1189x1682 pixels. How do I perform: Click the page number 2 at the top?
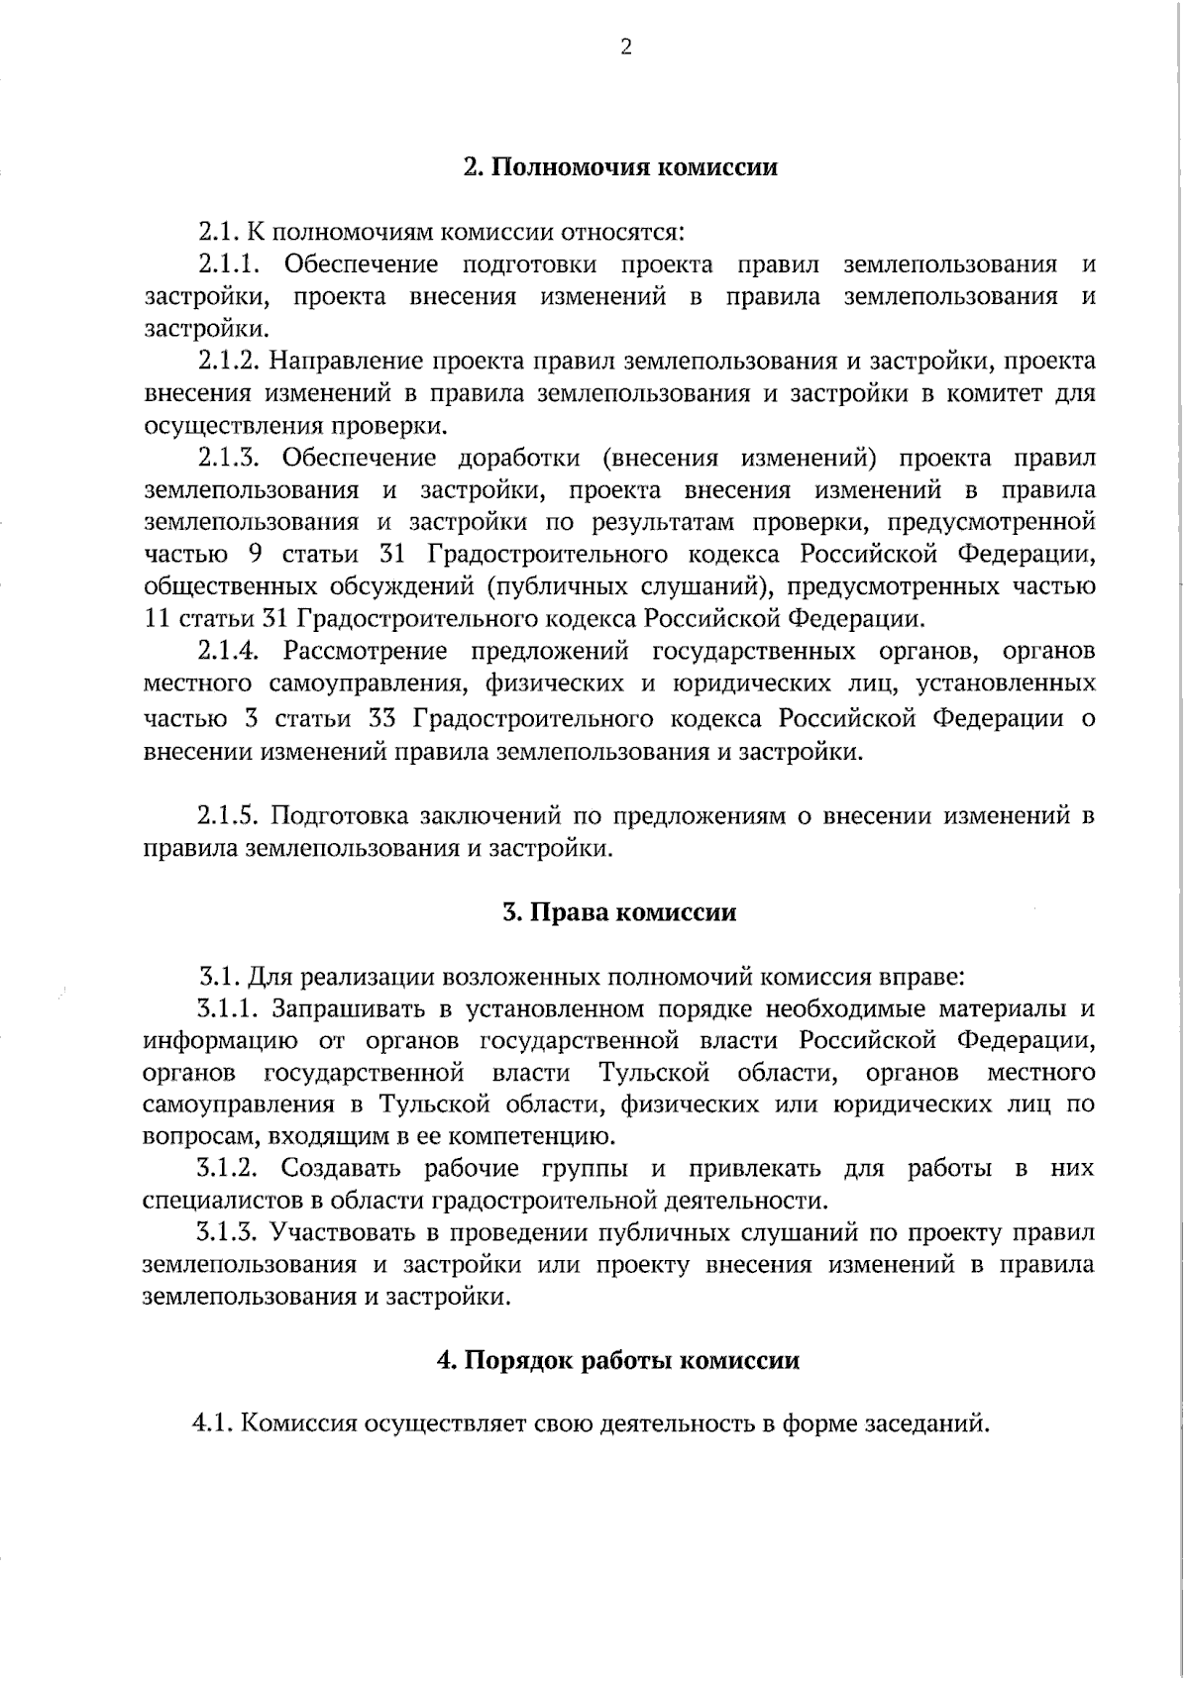point(625,48)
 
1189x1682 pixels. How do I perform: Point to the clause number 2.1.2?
point(230,361)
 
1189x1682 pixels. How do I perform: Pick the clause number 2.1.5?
point(228,816)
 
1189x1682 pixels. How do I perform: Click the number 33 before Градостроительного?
point(383,717)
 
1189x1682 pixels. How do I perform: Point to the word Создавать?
point(341,1169)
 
